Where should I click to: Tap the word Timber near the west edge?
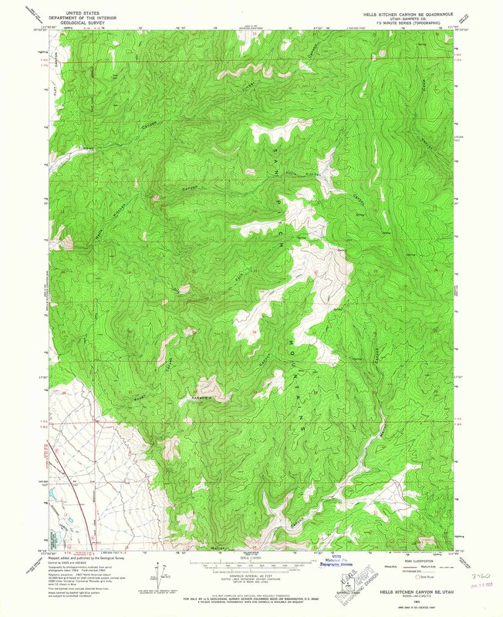(x=87, y=149)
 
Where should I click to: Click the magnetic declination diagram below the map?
(x=163, y=571)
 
